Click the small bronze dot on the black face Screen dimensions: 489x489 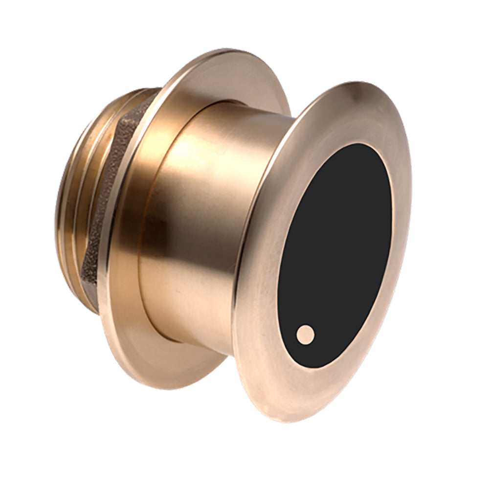[306, 334]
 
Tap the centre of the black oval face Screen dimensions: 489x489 [334, 254]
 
